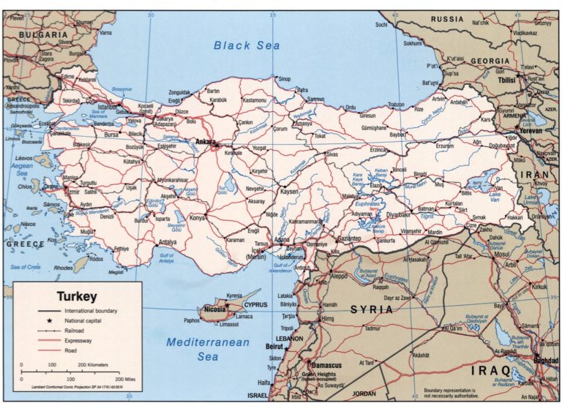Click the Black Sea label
pos(247,45)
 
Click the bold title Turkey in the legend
pos(77,297)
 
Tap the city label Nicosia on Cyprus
pos(214,309)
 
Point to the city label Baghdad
pos(545,361)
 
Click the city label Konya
pos(197,218)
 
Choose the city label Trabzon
pos(396,105)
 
